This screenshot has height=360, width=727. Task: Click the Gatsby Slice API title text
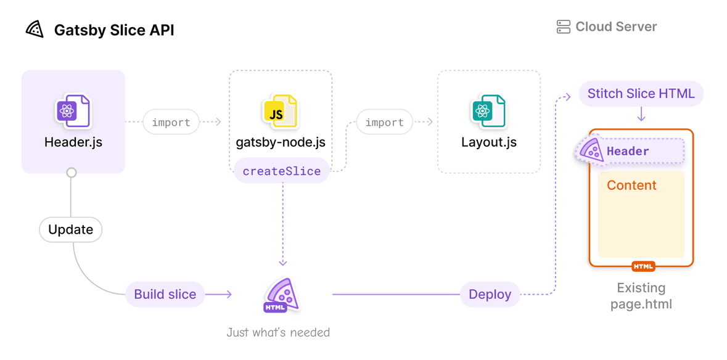[x=114, y=30]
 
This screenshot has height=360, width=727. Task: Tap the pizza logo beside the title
[x=35, y=29]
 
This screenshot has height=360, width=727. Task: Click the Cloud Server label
[x=616, y=27]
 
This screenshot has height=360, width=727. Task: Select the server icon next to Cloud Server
[x=563, y=27]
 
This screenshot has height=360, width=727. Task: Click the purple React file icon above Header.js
[x=73, y=112]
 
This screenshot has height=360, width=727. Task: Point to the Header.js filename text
[x=73, y=142]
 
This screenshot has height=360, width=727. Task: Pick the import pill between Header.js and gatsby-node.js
[x=171, y=122]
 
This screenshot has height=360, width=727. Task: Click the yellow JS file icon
[x=280, y=112]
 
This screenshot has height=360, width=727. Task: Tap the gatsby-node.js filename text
[x=281, y=142]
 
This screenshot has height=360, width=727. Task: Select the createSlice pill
[x=281, y=171]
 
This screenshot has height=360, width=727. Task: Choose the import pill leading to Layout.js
[x=384, y=122]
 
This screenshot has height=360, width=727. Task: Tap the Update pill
[x=70, y=230]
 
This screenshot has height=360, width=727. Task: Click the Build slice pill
[x=165, y=294]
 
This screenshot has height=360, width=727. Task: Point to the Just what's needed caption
[x=278, y=332]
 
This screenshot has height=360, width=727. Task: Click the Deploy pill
[x=490, y=294]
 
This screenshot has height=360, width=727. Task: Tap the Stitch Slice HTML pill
[x=641, y=94]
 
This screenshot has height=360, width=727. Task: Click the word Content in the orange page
[x=631, y=186]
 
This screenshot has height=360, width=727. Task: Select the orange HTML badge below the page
[x=643, y=266]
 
